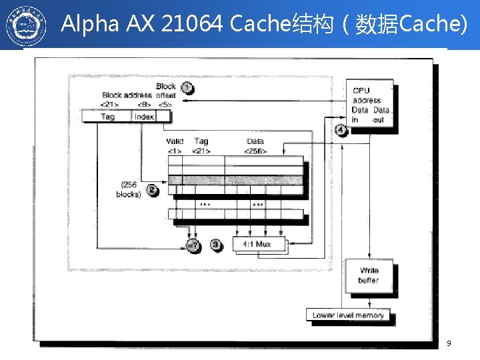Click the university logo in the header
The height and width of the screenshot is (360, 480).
27,25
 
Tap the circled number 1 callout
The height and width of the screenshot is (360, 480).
187,88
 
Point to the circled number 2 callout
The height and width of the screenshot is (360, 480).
153,191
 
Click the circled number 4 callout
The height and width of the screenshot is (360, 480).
341,130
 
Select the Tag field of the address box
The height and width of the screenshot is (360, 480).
107,117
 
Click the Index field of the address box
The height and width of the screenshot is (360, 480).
143,117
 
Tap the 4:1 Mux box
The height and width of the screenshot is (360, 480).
259,244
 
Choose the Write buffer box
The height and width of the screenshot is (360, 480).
369,275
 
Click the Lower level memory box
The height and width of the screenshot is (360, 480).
348,315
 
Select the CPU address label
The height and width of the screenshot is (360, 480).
367,95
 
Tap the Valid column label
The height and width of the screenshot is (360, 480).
175,141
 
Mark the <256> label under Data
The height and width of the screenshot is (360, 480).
255,151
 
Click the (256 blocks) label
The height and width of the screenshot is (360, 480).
128,189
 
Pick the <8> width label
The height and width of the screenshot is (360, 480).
143,104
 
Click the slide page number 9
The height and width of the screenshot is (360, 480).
449,343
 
